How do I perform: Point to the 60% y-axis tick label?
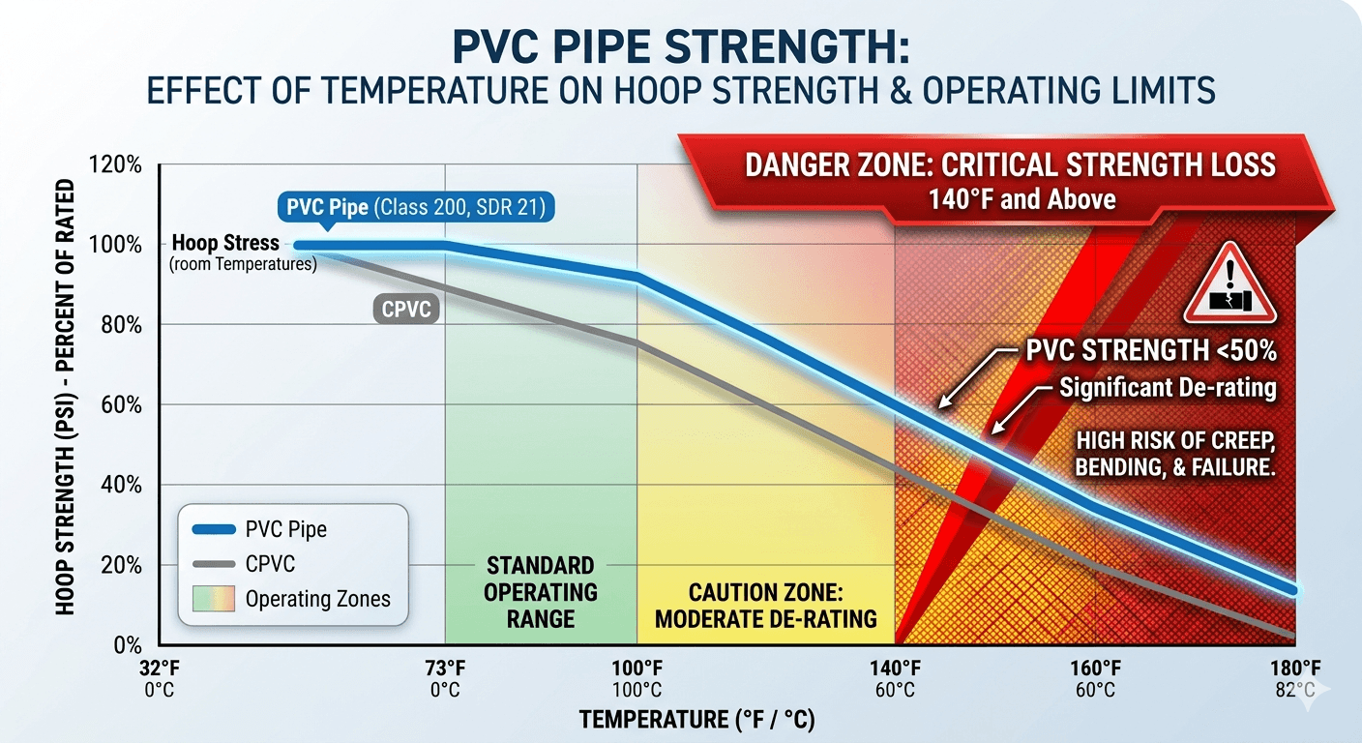121,404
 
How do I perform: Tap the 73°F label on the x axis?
445,669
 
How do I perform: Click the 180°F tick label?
1294,669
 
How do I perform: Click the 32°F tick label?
158,669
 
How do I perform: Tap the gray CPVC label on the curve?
405,310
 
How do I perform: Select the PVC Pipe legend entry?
285,529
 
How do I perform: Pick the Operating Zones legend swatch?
213,599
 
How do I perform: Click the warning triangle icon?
1230,289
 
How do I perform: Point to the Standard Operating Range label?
541,591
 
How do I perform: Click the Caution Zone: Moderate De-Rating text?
766,605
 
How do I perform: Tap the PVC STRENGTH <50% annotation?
1150,351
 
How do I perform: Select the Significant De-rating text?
1168,389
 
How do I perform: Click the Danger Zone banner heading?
1010,165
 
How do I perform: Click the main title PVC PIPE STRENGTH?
681,48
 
